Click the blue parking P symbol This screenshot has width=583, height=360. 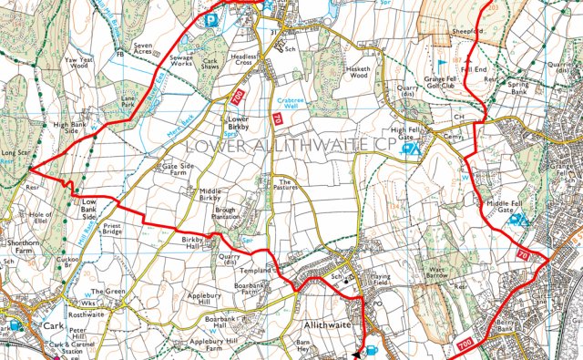pyautogui.click(x=212, y=17)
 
